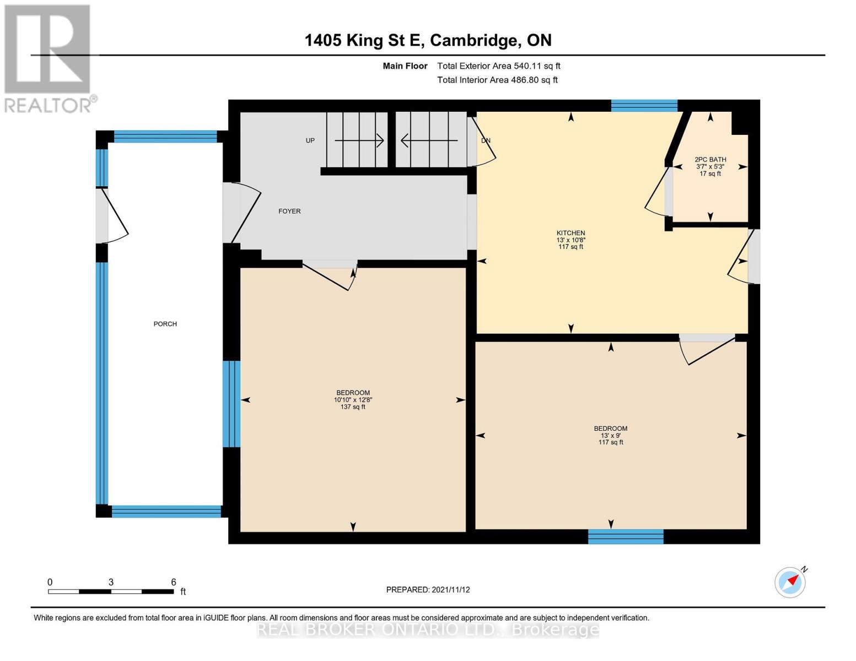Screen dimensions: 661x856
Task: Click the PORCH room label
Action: (x=165, y=324)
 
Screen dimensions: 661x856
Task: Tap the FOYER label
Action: (x=289, y=211)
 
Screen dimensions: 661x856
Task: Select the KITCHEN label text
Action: (x=570, y=233)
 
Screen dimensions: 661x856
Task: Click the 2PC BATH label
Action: (x=710, y=160)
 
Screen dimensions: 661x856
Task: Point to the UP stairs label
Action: (x=310, y=140)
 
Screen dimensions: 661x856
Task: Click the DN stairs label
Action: (x=486, y=140)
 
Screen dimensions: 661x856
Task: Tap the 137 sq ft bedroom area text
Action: (x=353, y=407)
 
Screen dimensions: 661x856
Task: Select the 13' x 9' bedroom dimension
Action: (x=610, y=435)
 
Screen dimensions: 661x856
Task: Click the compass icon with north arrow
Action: (x=790, y=582)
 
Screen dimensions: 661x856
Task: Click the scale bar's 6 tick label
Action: (x=174, y=582)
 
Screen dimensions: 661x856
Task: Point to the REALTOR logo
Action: (x=49, y=58)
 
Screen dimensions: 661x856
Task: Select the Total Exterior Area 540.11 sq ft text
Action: (x=498, y=66)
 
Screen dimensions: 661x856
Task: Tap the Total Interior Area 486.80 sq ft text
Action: (x=497, y=80)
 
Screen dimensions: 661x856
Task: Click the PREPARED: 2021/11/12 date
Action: (x=428, y=589)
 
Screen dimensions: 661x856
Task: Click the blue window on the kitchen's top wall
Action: (x=644, y=106)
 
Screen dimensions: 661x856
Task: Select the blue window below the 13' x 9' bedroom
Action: (x=626, y=537)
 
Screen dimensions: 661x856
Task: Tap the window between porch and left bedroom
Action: (x=232, y=404)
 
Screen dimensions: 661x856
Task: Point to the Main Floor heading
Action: (x=405, y=66)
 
